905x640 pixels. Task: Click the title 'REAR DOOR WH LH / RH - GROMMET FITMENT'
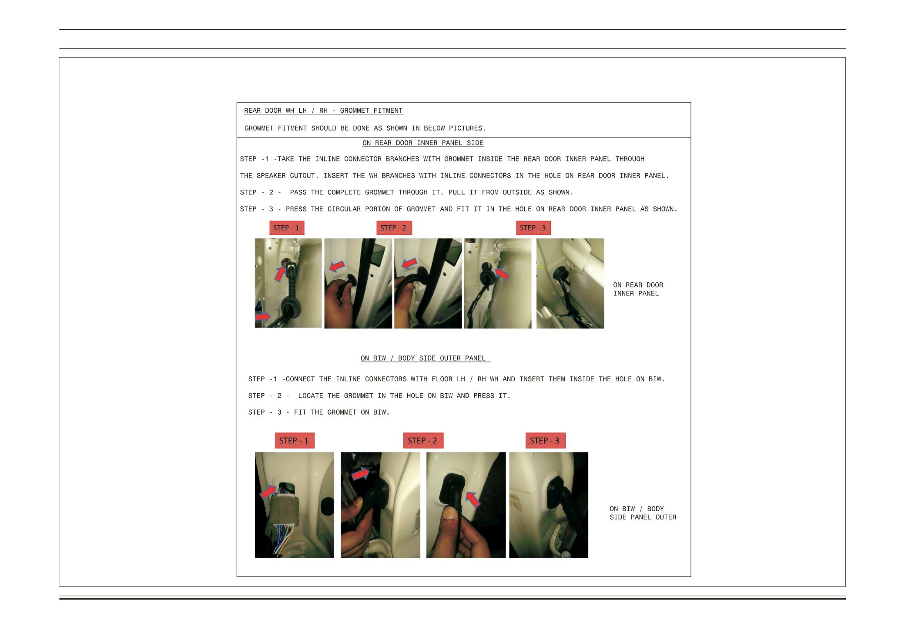[323, 111]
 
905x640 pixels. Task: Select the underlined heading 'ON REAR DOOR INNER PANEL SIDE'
[423, 143]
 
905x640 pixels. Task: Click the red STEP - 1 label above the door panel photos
[287, 228]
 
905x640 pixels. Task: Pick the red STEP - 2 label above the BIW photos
[423, 441]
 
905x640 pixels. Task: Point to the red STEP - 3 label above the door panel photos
[533, 228]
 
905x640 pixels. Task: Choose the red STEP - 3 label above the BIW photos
[545, 441]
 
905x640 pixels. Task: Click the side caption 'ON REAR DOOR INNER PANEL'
[638, 289]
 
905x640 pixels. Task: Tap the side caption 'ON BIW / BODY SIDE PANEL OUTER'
[643, 513]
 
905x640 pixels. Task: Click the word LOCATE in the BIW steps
[311, 396]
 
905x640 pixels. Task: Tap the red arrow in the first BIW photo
[268, 492]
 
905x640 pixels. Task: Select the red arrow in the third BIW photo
[473, 499]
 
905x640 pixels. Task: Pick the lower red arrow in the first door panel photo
[263, 317]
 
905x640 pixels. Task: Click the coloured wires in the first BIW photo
[283, 539]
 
